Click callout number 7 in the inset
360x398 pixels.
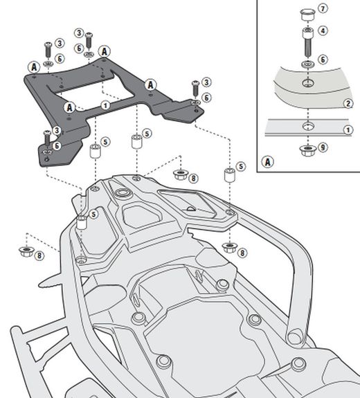pyautogui.click(x=324, y=10)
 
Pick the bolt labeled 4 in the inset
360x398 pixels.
pyautogui.click(x=305, y=43)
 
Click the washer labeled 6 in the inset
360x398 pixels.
pyautogui.click(x=305, y=64)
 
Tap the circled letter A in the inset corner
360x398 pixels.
pyautogui.click(x=267, y=162)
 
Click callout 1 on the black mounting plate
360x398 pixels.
pyautogui.click(x=105, y=105)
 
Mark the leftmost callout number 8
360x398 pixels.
pyautogui.click(x=39, y=255)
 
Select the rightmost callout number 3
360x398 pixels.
pyautogui.click(x=206, y=82)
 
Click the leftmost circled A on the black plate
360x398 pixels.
pyautogui.click(x=33, y=66)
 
